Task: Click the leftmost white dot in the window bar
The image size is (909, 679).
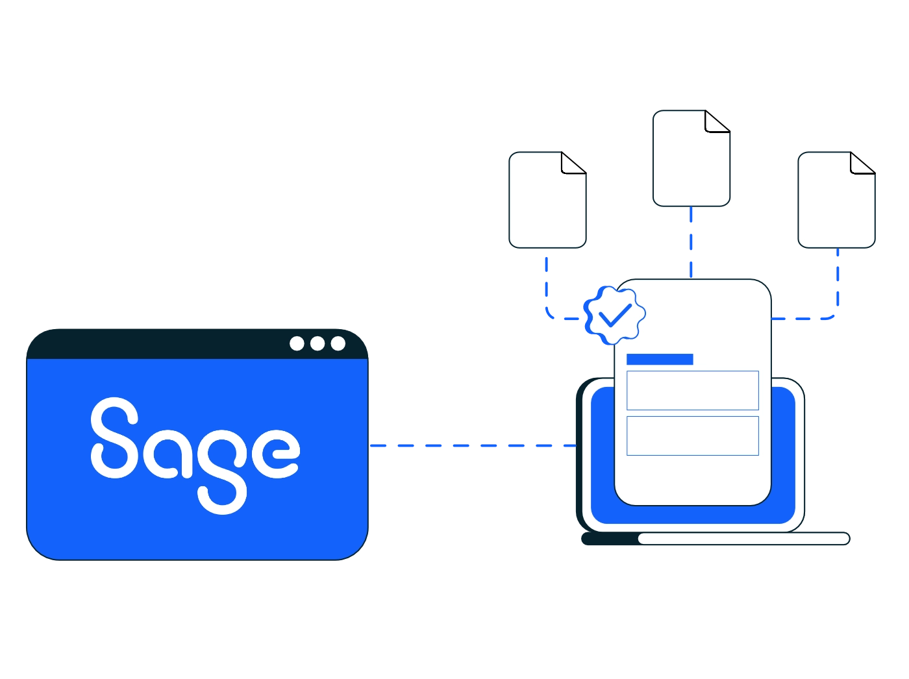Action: click(x=297, y=343)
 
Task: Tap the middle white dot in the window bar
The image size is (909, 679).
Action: click(x=318, y=343)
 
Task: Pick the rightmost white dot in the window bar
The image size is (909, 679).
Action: click(x=338, y=343)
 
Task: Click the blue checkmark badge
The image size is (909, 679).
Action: click(x=614, y=315)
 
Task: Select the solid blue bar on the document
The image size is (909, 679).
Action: click(x=660, y=359)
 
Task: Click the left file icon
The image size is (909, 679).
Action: click(x=547, y=200)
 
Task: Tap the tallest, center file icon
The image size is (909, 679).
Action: click(x=691, y=158)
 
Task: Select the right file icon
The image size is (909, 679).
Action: click(x=836, y=200)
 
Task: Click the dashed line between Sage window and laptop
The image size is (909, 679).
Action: click(x=473, y=445)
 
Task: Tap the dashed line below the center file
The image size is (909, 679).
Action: click(x=691, y=242)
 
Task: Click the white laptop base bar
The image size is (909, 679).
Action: click(x=744, y=539)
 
